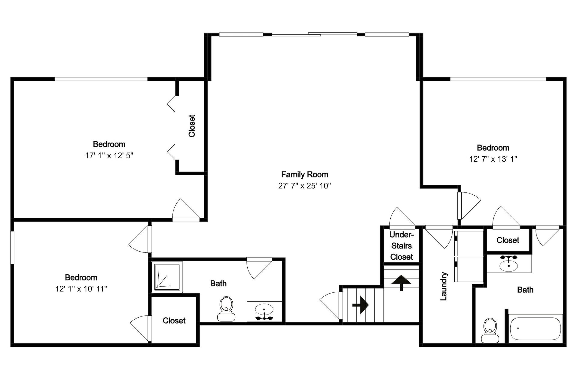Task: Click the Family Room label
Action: pos(304,174)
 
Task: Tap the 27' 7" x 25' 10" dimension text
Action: pos(304,186)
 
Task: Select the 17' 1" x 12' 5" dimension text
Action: pos(109,155)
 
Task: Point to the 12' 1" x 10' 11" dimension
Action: pos(81,289)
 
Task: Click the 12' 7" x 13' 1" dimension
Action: pos(493,159)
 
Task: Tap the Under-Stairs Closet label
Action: pos(401,246)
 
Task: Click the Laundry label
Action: pos(444,286)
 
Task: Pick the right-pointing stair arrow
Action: pos(361,305)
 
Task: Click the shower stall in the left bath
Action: pos(167,277)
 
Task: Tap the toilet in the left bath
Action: pos(226,309)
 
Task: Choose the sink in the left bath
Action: pos(264,312)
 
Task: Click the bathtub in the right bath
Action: pos(535,329)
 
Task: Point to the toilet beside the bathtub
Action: pos(490,330)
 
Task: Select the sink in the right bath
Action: pos(509,263)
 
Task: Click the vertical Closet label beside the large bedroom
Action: pos(192,126)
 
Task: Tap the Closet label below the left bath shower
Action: pos(174,321)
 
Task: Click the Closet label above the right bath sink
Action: pos(508,240)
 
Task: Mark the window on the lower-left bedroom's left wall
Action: pos(12,247)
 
